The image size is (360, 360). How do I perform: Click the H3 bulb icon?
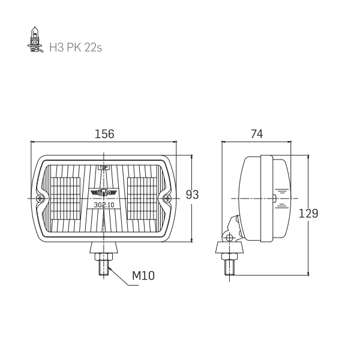(x=35, y=40)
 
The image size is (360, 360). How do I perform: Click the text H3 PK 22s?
(x=76, y=47)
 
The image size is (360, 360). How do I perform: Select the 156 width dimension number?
(x=104, y=134)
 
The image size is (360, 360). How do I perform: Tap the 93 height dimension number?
(x=192, y=194)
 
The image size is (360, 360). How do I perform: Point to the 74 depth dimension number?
(x=257, y=134)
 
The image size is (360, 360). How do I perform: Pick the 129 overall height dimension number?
(x=308, y=214)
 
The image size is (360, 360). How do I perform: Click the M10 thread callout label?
(x=143, y=275)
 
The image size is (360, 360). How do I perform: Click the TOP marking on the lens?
(x=104, y=167)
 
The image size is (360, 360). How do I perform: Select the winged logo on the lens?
(x=104, y=193)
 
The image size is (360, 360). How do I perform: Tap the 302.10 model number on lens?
(x=104, y=205)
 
